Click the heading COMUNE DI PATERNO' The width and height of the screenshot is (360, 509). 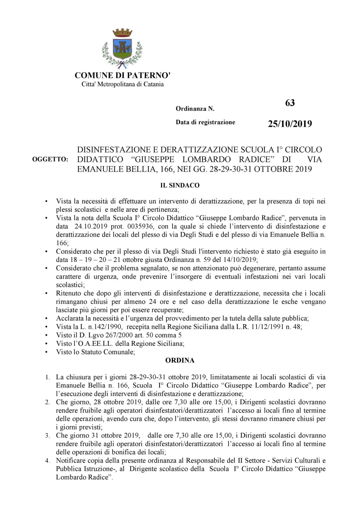click(122, 75)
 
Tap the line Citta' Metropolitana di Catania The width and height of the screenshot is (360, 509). click(122, 84)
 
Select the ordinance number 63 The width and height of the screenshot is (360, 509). click(290, 103)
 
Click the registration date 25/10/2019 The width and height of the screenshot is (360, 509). click(290, 124)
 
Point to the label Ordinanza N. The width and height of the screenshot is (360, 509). click(195, 109)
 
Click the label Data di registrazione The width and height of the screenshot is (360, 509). click(205, 122)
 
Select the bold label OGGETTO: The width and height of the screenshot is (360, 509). click(50, 159)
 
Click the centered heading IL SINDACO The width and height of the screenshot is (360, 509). click(180, 185)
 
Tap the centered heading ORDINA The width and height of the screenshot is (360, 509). click(180, 360)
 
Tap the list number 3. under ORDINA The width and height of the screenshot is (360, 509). click(47, 436)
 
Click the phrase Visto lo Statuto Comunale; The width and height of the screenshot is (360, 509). click(95, 352)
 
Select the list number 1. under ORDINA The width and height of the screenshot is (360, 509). click(47, 378)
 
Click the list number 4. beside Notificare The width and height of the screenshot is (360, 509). click(47, 461)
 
